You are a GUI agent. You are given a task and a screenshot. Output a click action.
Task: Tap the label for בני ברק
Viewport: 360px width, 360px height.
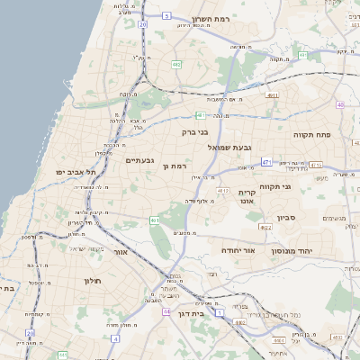(x=195, y=131)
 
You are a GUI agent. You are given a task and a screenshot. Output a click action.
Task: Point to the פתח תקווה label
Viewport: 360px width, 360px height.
(x=313, y=133)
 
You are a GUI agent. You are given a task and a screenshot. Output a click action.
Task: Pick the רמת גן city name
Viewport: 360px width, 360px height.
(x=175, y=166)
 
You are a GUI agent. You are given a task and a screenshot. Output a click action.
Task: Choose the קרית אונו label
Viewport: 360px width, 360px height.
(x=248, y=197)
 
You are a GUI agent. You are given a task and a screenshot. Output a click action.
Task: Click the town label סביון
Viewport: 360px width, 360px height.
(x=287, y=217)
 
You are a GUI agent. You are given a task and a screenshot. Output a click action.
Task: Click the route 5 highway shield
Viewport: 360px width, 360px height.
(x=166, y=16)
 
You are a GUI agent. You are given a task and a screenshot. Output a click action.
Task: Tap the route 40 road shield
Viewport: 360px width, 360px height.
(x=340, y=105)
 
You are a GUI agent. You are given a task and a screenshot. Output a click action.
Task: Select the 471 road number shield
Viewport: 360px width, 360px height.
(x=267, y=162)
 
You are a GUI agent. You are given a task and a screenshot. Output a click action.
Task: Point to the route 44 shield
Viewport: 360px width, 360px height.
(x=167, y=310)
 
